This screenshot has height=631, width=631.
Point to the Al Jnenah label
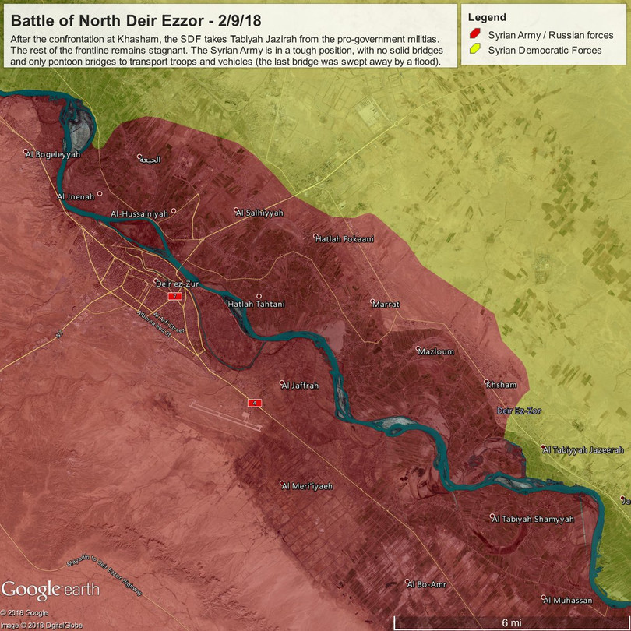coord(76,196)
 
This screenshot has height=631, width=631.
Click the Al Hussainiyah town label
coord(139,213)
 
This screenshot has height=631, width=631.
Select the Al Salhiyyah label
coord(262,213)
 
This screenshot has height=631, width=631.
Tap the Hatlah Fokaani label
coord(344,239)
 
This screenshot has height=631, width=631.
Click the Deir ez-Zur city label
coord(178,284)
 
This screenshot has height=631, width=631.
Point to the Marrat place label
coord(386,304)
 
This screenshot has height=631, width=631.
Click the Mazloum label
coord(436,352)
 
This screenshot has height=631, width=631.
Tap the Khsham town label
coord(501,385)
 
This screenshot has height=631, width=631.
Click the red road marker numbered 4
coord(254,403)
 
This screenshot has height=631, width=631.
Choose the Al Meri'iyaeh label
coord(308,485)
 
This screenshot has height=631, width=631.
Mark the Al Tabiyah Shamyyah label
coord(533,519)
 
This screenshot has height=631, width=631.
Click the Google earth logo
coord(51,590)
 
